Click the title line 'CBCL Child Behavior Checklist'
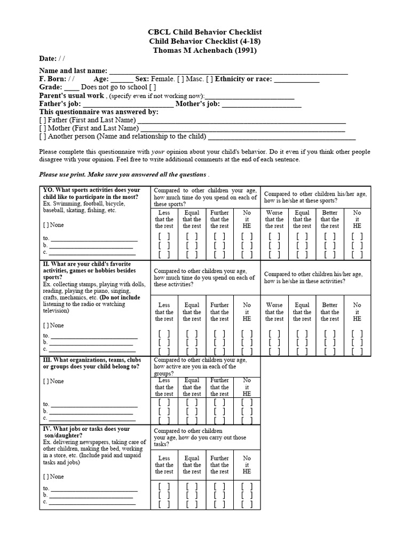(205, 33)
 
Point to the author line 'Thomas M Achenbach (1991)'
(205, 51)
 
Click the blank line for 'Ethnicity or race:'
(297, 79)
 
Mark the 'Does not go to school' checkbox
(153, 87)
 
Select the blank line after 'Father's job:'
(129, 105)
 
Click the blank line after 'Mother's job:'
(262, 105)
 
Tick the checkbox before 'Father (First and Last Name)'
(43, 121)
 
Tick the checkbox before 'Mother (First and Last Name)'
(43, 129)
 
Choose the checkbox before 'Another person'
(43, 136)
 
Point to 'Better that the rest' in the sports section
(330, 219)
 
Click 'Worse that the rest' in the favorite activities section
(274, 312)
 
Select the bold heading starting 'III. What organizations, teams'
(91, 363)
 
